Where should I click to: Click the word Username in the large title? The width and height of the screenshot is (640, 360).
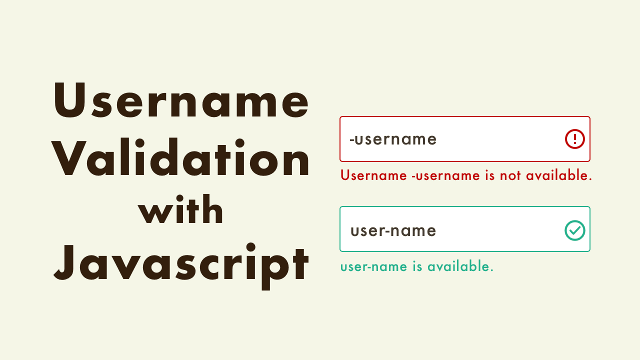pyautogui.click(x=181, y=101)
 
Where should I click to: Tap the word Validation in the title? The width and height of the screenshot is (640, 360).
pyautogui.click(x=181, y=158)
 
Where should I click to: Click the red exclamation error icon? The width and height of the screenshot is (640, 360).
pyautogui.click(x=575, y=139)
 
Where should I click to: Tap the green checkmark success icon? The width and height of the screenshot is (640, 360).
pyautogui.click(x=575, y=230)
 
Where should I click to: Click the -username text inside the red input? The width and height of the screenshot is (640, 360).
pyautogui.click(x=393, y=139)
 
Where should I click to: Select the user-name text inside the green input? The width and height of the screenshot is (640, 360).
pyautogui.click(x=393, y=230)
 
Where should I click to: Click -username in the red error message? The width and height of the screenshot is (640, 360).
pyautogui.click(x=438, y=175)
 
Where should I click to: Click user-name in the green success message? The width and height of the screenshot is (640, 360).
pyautogui.click(x=374, y=266)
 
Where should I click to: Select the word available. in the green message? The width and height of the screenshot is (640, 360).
pyautogui.click(x=460, y=266)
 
